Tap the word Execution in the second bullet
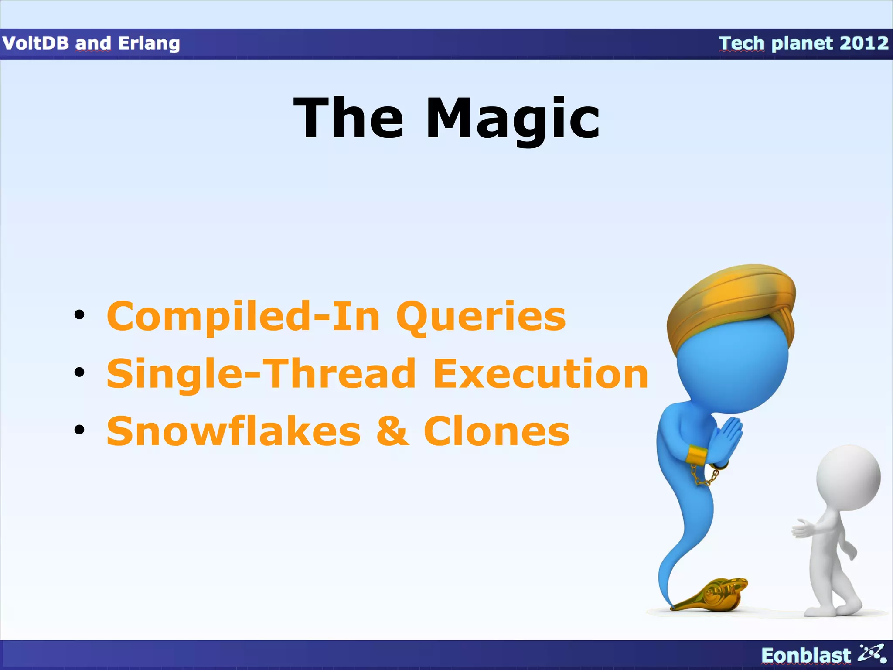click(540, 374)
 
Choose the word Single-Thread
click(262, 375)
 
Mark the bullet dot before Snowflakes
click(79, 430)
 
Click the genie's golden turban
click(733, 301)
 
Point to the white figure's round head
click(848, 478)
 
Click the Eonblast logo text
click(805, 656)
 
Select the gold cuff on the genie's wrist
click(696, 455)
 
